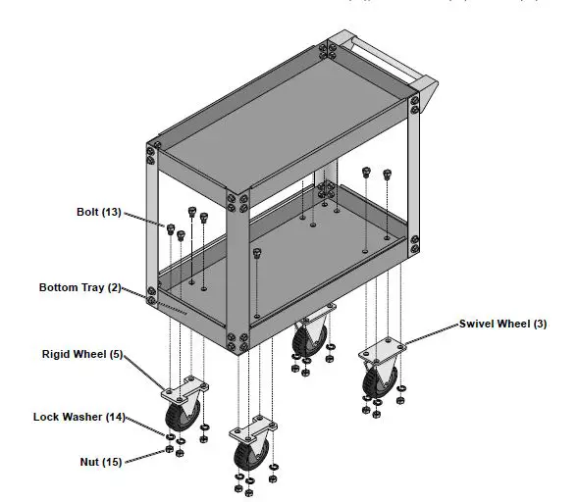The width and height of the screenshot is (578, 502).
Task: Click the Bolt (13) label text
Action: [98, 212]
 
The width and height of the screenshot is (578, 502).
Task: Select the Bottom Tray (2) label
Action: [79, 288]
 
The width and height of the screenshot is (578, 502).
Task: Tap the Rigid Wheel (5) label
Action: [81, 354]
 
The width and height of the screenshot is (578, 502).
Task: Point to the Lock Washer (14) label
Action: [79, 417]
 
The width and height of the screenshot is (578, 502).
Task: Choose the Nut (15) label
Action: [100, 462]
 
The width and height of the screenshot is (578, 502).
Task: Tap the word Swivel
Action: [478, 325]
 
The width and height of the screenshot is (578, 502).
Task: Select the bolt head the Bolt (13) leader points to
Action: [170, 228]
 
